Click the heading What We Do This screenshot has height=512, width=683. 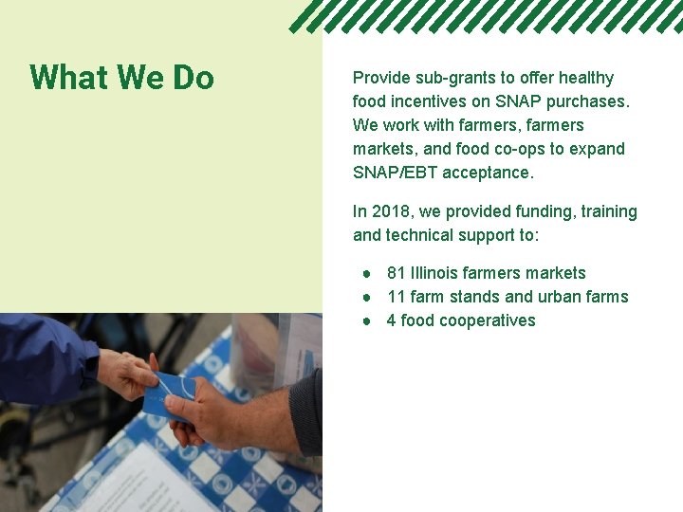click(121, 78)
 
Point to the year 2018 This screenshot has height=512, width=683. click(393, 211)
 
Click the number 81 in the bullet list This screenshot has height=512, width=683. click(397, 273)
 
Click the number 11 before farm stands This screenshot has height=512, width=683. click(397, 297)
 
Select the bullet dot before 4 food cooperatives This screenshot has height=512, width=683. click(365, 320)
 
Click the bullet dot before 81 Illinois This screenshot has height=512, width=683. click(365, 273)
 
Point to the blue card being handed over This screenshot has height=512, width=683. click(171, 393)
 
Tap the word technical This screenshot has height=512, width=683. click(421, 235)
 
